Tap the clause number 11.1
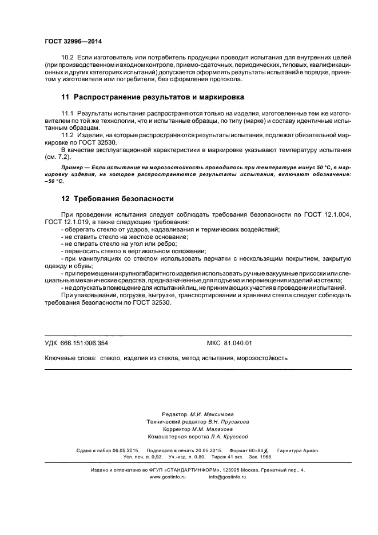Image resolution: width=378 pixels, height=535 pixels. (x=68, y=114)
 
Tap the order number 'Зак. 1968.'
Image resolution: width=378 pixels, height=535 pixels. (x=259, y=457)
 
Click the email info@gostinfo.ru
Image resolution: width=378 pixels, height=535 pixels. (x=227, y=476)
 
